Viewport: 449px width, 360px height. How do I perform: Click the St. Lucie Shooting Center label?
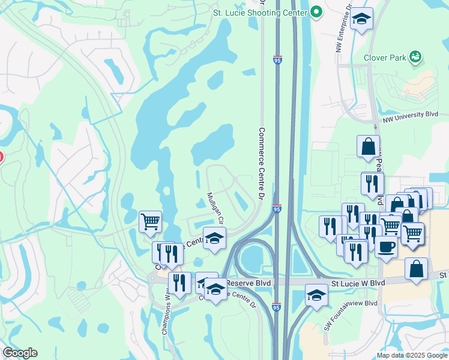click(x=261, y=11)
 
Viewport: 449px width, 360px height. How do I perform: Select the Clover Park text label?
click(x=384, y=58)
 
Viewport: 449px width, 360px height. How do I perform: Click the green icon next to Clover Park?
click(x=415, y=58)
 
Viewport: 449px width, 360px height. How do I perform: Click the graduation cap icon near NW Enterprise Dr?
click(x=361, y=20)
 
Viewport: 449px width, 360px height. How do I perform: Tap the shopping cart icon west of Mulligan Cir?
click(x=150, y=221)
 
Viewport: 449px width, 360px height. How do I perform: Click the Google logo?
click(x=20, y=353)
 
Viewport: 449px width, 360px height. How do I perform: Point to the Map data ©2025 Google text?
click(x=411, y=355)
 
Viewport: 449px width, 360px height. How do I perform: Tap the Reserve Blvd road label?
click(x=256, y=282)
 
